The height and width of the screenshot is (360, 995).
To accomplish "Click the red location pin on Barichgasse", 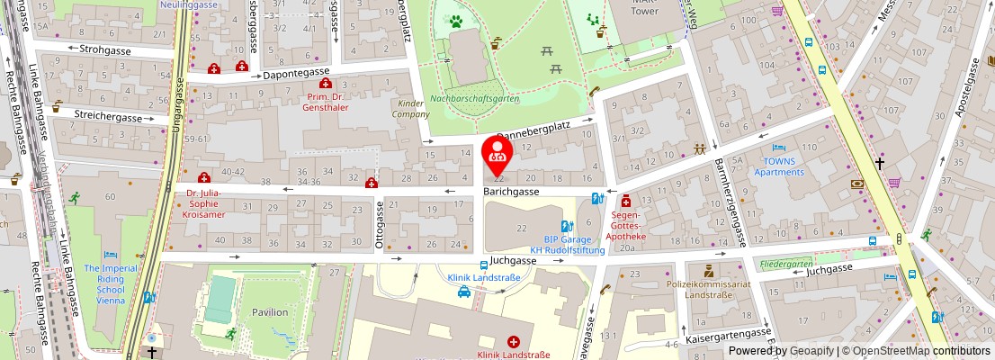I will (x=497, y=154).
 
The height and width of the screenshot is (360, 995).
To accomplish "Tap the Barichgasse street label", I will (x=511, y=192).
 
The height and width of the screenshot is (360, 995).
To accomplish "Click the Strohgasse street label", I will (x=105, y=49).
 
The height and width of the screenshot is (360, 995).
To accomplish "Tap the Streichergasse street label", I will (x=108, y=118).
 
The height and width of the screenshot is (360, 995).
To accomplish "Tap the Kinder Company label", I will (x=410, y=109).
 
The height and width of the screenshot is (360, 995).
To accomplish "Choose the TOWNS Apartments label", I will (x=779, y=166).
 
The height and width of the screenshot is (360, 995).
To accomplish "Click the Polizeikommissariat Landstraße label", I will (x=709, y=289).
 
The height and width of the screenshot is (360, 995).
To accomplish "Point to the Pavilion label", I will (x=270, y=312).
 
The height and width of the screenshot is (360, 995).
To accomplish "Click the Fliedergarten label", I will (x=786, y=265).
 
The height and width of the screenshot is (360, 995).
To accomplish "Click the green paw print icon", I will (x=457, y=19).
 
